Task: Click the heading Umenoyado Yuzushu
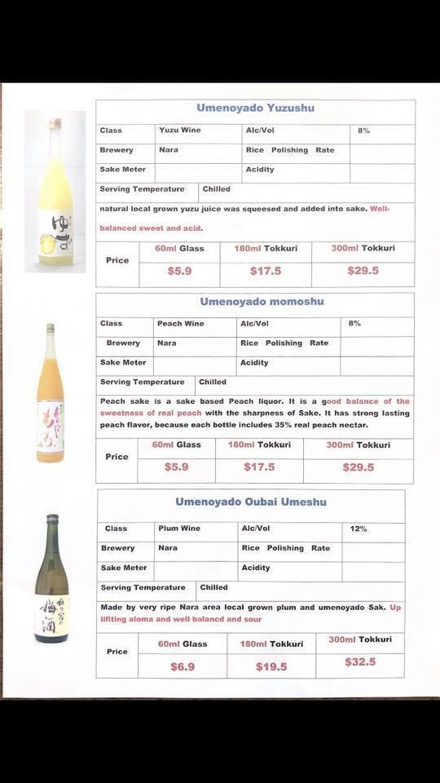point(255,108)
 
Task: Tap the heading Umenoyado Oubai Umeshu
point(250,501)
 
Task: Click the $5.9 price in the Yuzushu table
point(179,272)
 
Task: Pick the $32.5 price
point(360,661)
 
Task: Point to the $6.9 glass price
point(182,666)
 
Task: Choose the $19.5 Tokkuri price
point(271,666)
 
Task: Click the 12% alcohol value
point(359,529)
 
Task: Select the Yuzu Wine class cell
point(179,130)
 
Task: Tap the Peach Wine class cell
point(181,324)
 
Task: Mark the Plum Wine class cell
point(178,529)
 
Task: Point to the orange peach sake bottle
point(50,393)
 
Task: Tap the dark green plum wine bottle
point(51,579)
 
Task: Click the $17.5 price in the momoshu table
point(259,467)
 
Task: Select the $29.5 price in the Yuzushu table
point(363,271)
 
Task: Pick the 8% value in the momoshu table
point(354,324)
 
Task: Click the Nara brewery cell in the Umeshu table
point(168,548)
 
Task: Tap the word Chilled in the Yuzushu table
point(217,189)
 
